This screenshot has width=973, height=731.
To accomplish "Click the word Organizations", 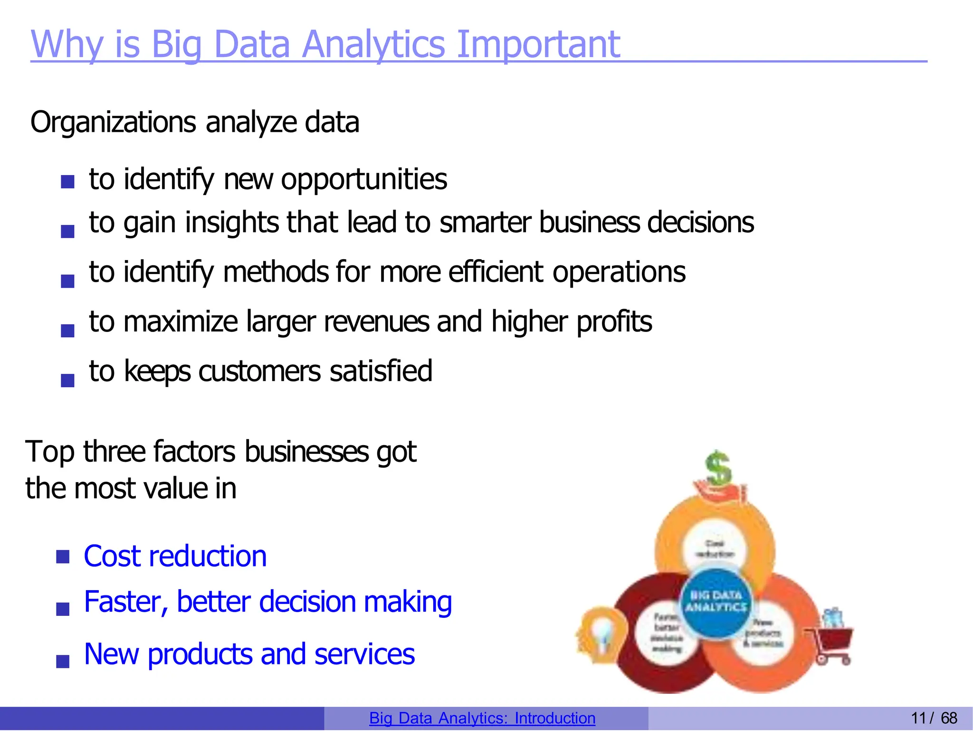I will [x=113, y=123].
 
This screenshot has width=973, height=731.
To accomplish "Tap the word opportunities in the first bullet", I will [x=363, y=180].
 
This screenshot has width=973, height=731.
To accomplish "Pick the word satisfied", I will [x=381, y=371].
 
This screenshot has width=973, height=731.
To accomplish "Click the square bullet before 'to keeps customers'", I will [x=67, y=380].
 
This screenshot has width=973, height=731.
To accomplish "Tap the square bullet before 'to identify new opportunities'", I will [x=67, y=182].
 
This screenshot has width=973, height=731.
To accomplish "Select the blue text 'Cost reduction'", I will [x=175, y=556].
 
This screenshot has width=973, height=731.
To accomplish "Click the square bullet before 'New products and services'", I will [x=63, y=661].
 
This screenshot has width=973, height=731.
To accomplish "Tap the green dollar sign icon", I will [x=718, y=468].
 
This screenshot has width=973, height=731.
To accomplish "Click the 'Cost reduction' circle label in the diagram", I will [x=715, y=549].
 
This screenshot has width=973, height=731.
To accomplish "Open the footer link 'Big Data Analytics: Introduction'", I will [x=482, y=718].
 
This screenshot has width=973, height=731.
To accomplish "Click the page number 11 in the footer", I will [x=918, y=718].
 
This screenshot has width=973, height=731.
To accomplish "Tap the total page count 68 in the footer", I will [x=949, y=718].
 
